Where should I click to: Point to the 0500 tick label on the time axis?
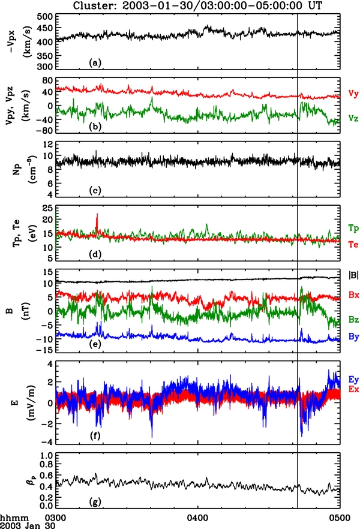click(x=339, y=515)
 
